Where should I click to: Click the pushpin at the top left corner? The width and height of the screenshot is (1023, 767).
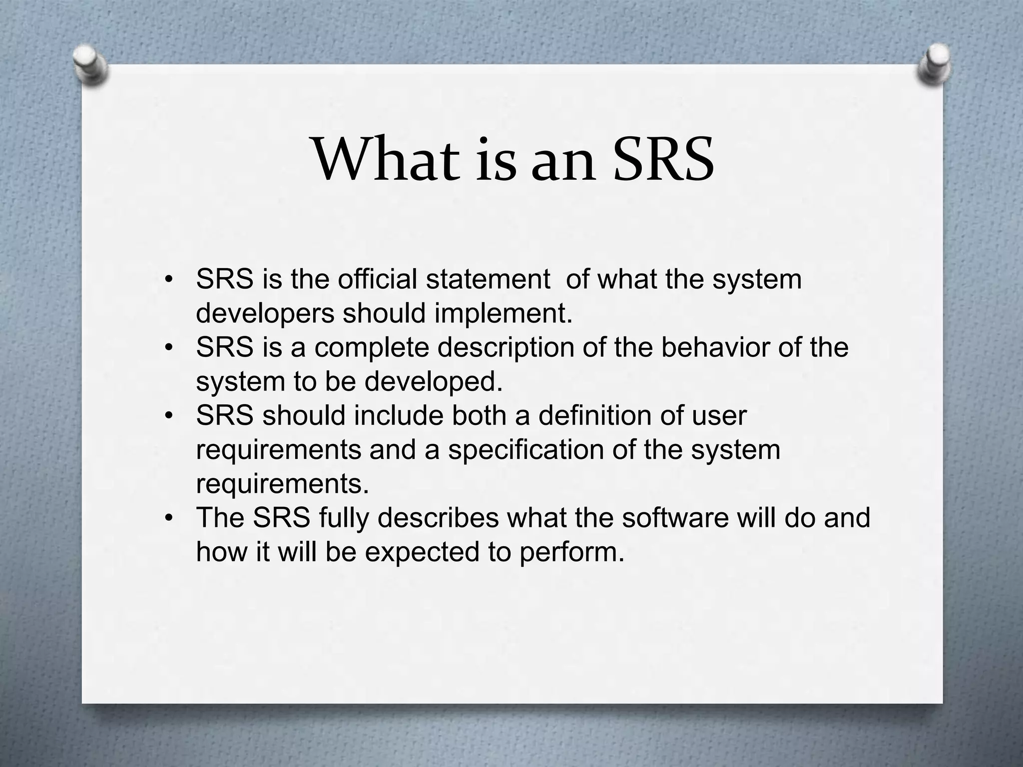point(90,64)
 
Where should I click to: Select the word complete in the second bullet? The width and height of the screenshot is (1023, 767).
point(372,347)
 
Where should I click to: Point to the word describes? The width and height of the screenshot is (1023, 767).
point(438,517)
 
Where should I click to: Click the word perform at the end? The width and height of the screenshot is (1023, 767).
point(572,552)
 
